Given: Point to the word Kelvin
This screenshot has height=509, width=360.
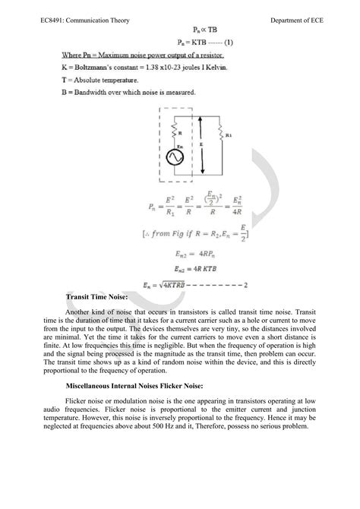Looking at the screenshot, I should pyautogui.click(x=218, y=68).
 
